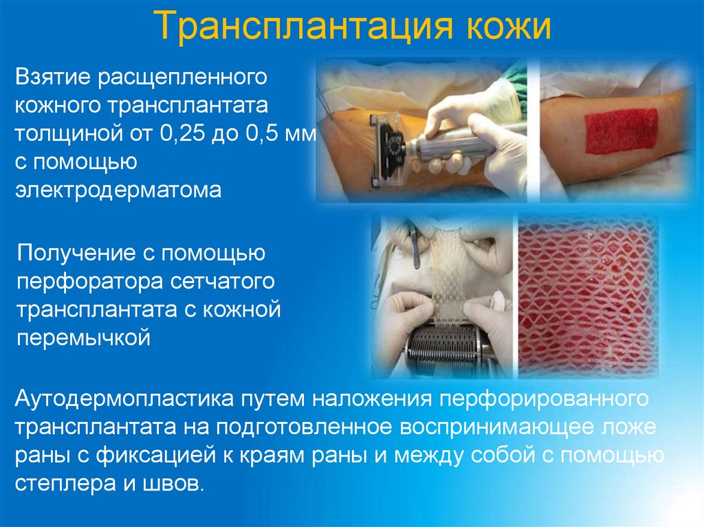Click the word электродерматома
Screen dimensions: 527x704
[118, 190]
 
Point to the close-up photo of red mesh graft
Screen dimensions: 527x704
[588, 295]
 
